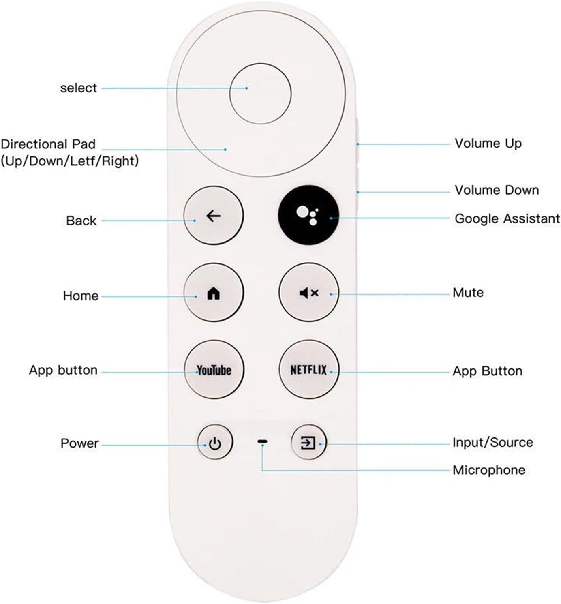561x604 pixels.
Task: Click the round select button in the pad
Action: tap(260, 93)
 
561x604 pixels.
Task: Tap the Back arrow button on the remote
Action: tap(214, 216)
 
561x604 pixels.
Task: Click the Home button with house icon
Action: tap(214, 293)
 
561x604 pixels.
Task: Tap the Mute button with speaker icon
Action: tap(309, 293)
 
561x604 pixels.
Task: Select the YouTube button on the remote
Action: tap(214, 370)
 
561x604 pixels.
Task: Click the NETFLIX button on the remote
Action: tap(309, 370)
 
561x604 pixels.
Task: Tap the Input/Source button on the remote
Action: tap(308, 442)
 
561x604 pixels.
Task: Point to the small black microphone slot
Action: tap(262, 441)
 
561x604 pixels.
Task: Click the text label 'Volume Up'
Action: tap(488, 144)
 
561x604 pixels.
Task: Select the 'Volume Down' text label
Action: tap(497, 190)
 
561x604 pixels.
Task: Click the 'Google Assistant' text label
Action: tap(507, 219)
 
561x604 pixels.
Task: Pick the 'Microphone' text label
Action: tap(489, 470)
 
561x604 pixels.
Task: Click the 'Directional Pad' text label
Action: tap(48, 144)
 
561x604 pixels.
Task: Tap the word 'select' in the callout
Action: tap(79, 88)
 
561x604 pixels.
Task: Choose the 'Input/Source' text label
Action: tap(492, 442)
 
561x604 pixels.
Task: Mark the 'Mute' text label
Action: tap(468, 293)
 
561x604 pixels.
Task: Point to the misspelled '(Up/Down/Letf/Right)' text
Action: tap(70, 161)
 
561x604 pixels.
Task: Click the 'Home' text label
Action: tap(81, 296)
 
